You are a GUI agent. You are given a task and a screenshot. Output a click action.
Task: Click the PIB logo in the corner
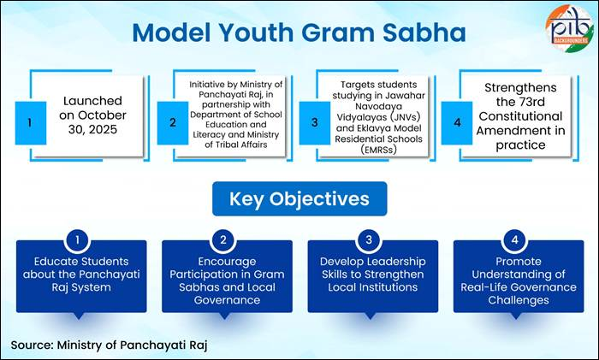(x=568, y=28)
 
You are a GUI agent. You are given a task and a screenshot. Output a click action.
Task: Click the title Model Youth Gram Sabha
(x=299, y=32)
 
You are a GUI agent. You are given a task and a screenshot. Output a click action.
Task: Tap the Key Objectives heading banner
(x=299, y=198)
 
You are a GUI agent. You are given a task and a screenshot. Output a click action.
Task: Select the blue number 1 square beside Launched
(x=30, y=122)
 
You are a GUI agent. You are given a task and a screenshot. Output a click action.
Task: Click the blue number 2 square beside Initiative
(x=173, y=122)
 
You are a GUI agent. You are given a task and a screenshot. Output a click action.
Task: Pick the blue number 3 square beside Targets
(x=317, y=122)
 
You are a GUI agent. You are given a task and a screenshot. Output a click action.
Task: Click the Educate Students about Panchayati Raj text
(x=80, y=272)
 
